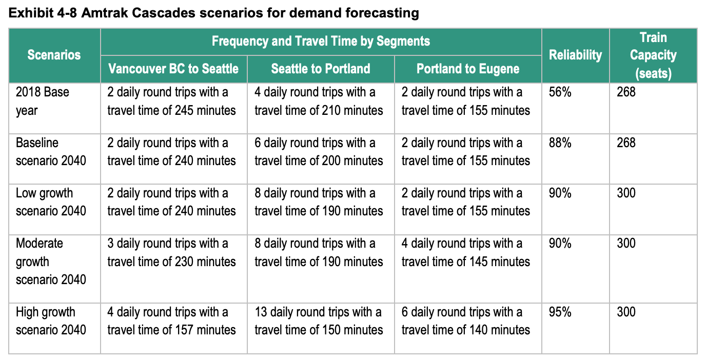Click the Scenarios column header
[54, 55]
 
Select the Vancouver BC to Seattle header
[173, 69]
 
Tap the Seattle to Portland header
[321, 69]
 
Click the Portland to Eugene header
[468, 69]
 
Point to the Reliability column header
[575, 55]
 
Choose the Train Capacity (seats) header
[653, 55]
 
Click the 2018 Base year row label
[43, 101]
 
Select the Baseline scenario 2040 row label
[51, 151]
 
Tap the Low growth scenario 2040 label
[51, 202]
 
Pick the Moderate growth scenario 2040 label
[51, 261]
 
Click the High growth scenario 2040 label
[51, 321]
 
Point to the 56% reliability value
[560, 92]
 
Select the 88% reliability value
[560, 143]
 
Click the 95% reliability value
[560, 312]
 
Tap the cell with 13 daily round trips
[319, 321]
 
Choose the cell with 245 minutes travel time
[171, 101]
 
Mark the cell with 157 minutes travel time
[171, 321]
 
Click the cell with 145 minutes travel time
[466, 252]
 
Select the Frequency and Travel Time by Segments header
[321, 41]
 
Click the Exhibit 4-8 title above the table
[214, 13]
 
